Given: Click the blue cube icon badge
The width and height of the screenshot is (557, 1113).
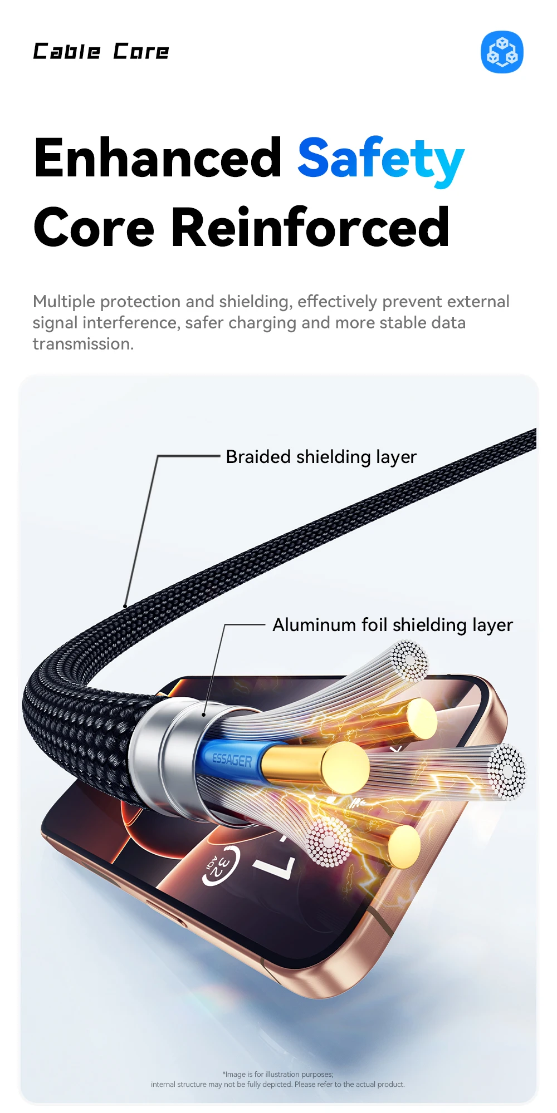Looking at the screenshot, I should point(502,52).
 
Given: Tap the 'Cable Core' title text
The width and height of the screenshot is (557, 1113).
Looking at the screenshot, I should point(101,52).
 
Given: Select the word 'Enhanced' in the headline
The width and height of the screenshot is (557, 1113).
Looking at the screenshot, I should point(158,158).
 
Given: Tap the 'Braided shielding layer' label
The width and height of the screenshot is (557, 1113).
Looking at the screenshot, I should point(321,457).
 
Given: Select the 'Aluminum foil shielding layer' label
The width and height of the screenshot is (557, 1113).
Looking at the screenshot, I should point(392,625).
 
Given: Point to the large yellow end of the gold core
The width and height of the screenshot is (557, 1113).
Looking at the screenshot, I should point(345,768).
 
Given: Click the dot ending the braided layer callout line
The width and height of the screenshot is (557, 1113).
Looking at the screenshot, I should point(125,606).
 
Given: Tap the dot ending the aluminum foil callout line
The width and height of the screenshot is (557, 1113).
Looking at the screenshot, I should point(204,715).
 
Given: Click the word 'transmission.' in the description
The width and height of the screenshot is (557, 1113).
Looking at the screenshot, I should point(84,344).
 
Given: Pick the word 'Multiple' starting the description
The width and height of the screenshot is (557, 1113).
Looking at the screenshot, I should point(64,302).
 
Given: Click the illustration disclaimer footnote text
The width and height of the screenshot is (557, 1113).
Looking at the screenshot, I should point(278,1079).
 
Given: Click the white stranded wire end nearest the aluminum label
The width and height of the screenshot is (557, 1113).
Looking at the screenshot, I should point(409,661).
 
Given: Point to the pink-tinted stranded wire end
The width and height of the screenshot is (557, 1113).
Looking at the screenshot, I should point(329,841).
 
